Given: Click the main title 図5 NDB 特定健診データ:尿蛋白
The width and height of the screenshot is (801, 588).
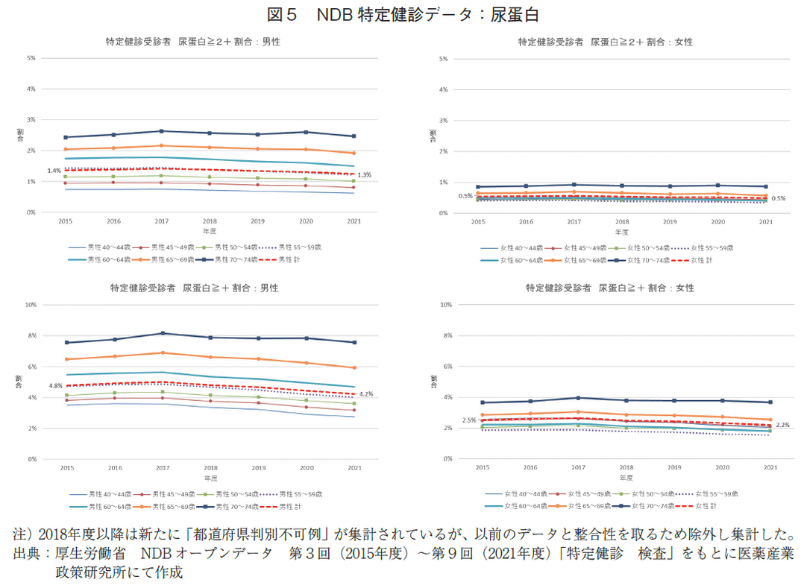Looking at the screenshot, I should click(400, 14).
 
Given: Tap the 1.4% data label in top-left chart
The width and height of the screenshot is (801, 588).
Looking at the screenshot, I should click(54, 171).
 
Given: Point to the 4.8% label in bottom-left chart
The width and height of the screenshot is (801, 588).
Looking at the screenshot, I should click(55, 385).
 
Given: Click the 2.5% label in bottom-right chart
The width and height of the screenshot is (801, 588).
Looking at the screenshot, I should click(469, 420).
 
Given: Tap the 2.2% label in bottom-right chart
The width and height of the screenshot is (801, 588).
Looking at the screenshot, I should click(782, 425).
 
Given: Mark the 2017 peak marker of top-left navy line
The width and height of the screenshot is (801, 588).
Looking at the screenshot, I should click(162, 131).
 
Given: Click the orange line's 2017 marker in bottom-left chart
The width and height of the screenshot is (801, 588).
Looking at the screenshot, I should click(162, 353).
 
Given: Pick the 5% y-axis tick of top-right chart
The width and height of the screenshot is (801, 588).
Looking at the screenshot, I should click(443, 58).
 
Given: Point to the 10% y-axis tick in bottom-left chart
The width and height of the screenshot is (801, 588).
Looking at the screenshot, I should click(31, 305).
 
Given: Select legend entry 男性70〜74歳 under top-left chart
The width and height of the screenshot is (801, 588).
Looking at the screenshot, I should click(234, 259).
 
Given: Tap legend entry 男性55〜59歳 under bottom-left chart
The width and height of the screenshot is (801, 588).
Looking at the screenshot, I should click(298, 493).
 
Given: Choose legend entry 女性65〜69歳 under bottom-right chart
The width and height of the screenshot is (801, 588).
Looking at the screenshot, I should click(585, 506).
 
